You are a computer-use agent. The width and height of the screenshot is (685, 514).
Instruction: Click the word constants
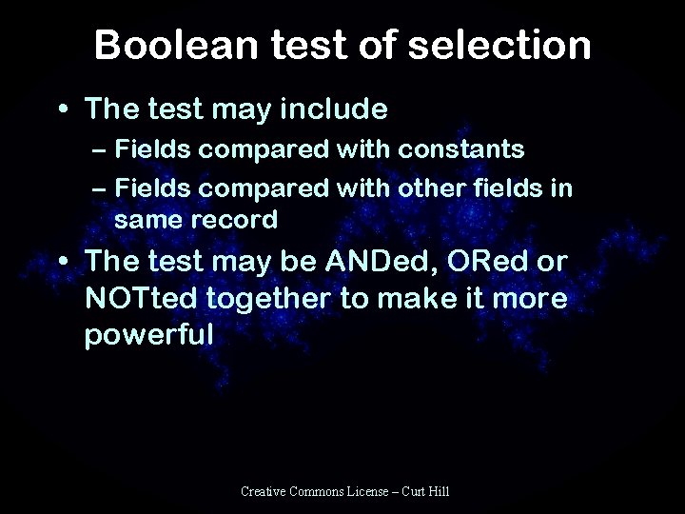pos(462,150)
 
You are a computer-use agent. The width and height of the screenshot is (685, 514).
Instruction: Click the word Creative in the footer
pos(266,491)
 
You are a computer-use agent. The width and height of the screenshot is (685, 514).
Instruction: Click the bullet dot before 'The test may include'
pos(61,110)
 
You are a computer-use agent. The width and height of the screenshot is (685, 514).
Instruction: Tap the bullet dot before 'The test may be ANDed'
pos(61,263)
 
